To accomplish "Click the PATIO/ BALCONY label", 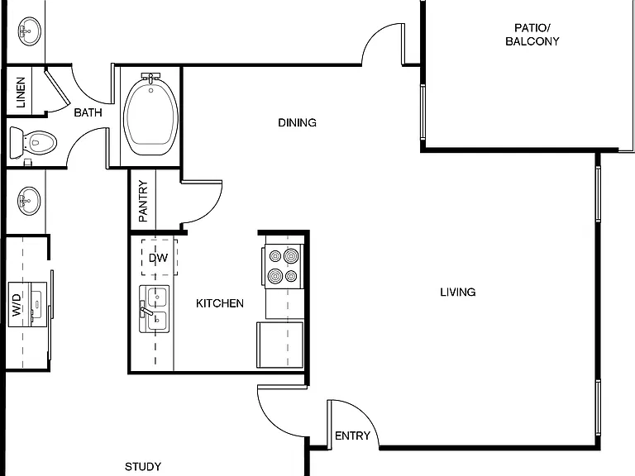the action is click(x=532, y=35).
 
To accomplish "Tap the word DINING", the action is click(x=297, y=122).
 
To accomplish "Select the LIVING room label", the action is click(x=457, y=292).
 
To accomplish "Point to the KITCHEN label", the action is click(x=219, y=303).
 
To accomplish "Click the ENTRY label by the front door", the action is click(x=352, y=436).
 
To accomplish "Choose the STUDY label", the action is click(x=142, y=467).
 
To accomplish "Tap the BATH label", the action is click(x=88, y=112).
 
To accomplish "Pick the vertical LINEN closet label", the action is click(x=21, y=93).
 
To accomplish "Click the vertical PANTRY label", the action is click(x=143, y=201).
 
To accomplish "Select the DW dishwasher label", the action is click(x=158, y=258).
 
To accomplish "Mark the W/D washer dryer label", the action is click(x=17, y=305).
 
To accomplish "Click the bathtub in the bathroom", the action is click(x=150, y=115).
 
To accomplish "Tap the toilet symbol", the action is click(x=33, y=142).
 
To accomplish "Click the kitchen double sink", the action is click(x=155, y=309).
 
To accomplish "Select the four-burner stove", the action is click(x=283, y=266).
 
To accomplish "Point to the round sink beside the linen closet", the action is click(x=30, y=31).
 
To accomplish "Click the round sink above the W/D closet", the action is click(x=29, y=201).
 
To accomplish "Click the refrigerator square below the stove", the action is click(x=279, y=345).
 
